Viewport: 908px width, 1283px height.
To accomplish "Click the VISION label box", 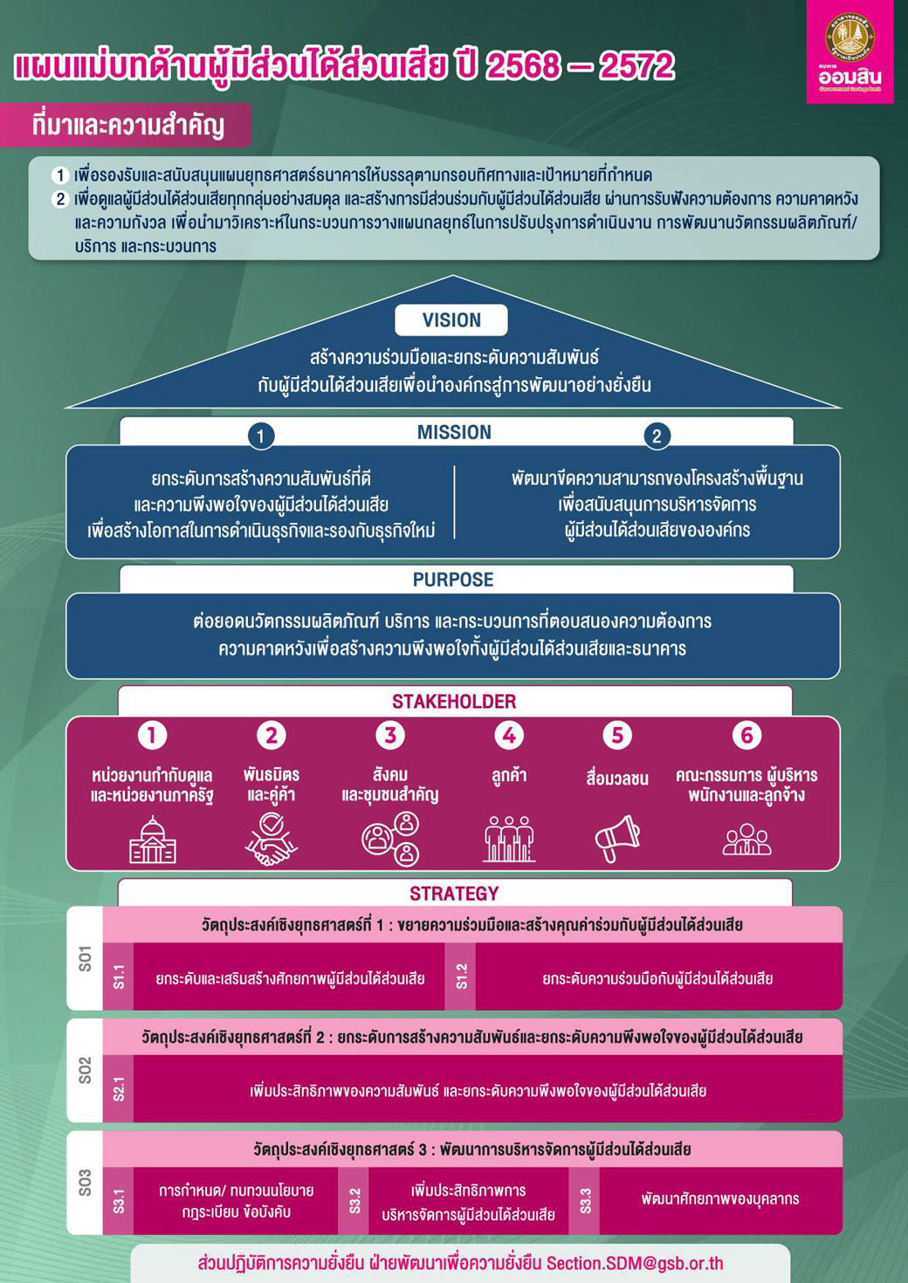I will (451, 320).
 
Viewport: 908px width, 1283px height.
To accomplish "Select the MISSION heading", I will (454, 432).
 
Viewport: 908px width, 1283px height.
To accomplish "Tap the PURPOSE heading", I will (453, 580).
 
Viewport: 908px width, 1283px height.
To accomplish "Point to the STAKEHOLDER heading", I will (454, 702).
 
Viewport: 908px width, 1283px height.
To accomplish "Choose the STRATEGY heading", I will (454, 894).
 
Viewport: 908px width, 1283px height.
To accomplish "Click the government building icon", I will (153, 840).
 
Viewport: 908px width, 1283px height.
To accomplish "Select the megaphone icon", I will (617, 839).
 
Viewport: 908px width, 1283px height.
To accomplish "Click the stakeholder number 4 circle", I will (509, 736).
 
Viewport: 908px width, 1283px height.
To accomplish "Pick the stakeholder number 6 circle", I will (746, 736).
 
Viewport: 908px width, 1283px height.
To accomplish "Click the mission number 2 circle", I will (657, 436).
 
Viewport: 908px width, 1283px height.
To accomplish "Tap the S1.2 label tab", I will (461, 977).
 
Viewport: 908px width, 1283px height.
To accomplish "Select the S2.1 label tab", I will (119, 1089).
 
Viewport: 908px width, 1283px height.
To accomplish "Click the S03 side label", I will (85, 1183).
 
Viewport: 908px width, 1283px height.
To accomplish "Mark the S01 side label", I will (85, 957).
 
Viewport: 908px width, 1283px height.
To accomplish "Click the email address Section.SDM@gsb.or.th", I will (635, 1264).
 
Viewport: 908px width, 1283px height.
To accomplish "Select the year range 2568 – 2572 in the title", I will (579, 66).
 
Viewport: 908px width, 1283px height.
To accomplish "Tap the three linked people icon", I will (390, 839).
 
